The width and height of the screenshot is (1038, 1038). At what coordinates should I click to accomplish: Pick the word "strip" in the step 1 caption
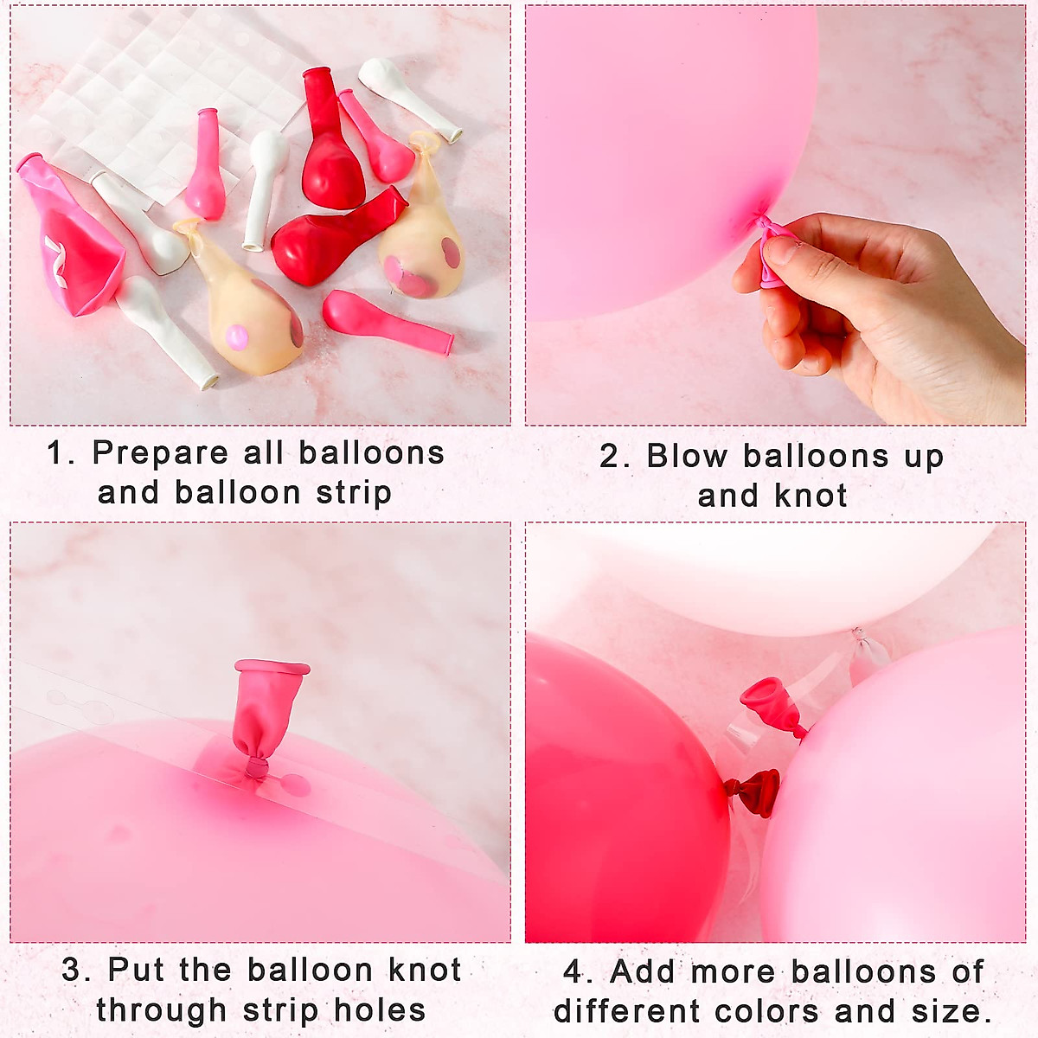click(354, 493)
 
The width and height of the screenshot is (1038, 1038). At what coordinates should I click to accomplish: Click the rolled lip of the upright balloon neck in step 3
click(272, 668)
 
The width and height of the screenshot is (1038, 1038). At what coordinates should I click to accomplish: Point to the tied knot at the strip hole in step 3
click(255, 767)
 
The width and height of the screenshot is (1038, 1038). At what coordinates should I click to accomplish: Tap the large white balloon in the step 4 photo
click(778, 575)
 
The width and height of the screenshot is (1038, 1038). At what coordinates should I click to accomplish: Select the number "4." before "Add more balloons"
click(577, 971)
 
